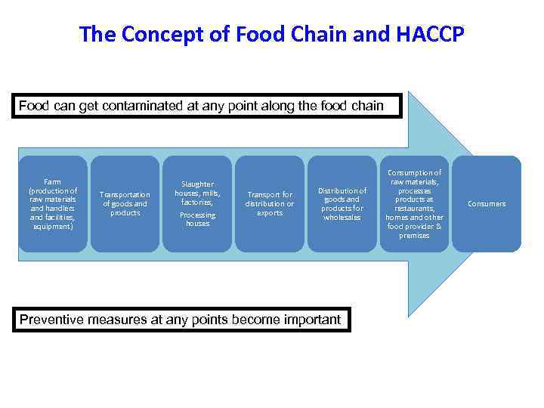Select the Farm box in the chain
coord(52,203)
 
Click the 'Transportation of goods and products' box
coord(125,203)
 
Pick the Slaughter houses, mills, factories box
coord(197,203)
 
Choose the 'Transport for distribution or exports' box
coord(270,203)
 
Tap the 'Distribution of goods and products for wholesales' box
coord(342,203)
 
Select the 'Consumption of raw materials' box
coord(414,203)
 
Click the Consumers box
coord(487,203)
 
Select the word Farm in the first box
coord(52,181)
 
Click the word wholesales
coord(342,218)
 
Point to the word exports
coord(270,213)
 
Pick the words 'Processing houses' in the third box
coord(197,219)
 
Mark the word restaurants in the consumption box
coord(414,209)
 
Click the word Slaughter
coord(197,184)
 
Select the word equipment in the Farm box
coord(51,226)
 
